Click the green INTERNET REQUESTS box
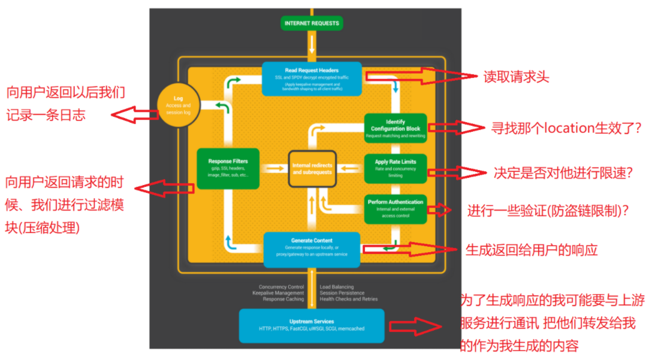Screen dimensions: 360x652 tap(312, 23)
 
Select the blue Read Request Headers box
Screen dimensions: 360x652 tap(312, 78)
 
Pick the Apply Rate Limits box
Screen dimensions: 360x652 tap(396, 168)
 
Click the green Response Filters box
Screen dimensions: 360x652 tap(228, 168)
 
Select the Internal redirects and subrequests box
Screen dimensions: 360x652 tap(312, 168)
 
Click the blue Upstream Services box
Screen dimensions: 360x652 tap(312, 325)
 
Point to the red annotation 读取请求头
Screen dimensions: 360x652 tap(516, 77)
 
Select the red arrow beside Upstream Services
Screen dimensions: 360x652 tap(416, 327)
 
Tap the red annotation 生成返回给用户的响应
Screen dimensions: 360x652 tap(532, 250)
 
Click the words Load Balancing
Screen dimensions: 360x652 tap(336, 287)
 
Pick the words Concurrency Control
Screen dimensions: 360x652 tap(282, 287)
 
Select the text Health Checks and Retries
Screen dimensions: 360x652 tap(349, 299)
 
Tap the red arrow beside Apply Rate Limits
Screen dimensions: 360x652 tap(455, 173)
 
